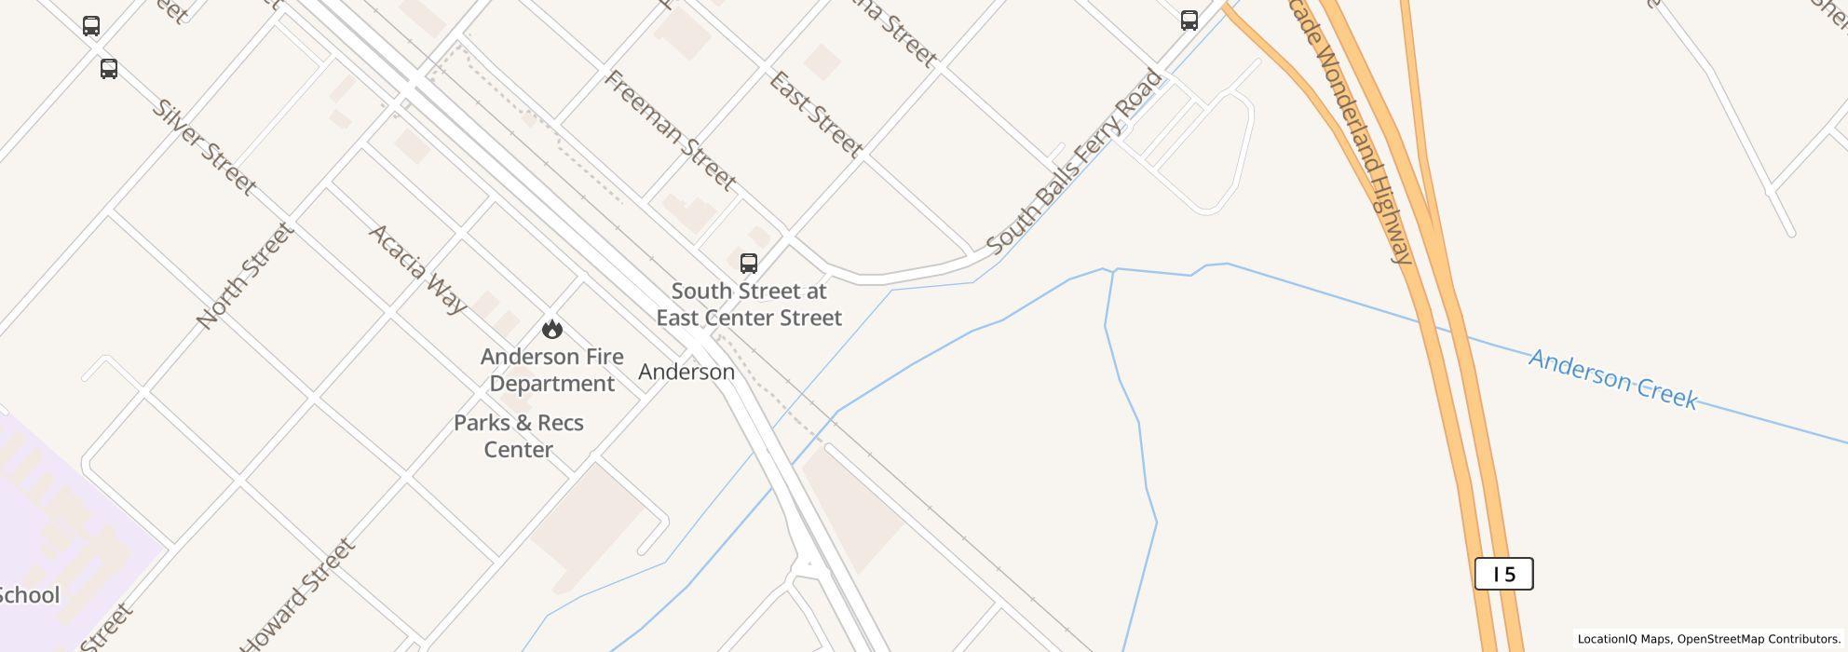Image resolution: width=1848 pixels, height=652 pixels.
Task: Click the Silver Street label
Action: [x=204, y=147]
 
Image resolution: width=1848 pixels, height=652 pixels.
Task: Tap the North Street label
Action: [x=245, y=276]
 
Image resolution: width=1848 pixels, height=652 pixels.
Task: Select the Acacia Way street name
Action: [x=418, y=269]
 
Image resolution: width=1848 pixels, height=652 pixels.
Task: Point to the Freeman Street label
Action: [x=671, y=129]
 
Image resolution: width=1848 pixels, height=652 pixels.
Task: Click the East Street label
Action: [x=816, y=114]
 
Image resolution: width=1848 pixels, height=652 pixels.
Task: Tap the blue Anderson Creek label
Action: [x=1613, y=379]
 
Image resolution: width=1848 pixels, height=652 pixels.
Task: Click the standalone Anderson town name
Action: [x=686, y=372]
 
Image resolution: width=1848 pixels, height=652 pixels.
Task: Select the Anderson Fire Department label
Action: [x=551, y=370]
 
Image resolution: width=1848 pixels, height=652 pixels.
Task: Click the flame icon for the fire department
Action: [x=552, y=329]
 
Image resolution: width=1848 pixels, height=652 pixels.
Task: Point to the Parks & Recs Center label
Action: [x=519, y=436]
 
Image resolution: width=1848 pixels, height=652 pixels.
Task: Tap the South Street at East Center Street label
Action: [x=749, y=305]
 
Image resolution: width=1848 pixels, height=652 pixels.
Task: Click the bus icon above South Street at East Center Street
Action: [x=749, y=264]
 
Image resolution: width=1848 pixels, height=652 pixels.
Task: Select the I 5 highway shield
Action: [x=1503, y=574]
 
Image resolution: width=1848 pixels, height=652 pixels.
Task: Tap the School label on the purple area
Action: [x=29, y=595]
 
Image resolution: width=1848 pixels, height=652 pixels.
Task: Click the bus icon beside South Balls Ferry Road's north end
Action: [x=1189, y=20]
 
